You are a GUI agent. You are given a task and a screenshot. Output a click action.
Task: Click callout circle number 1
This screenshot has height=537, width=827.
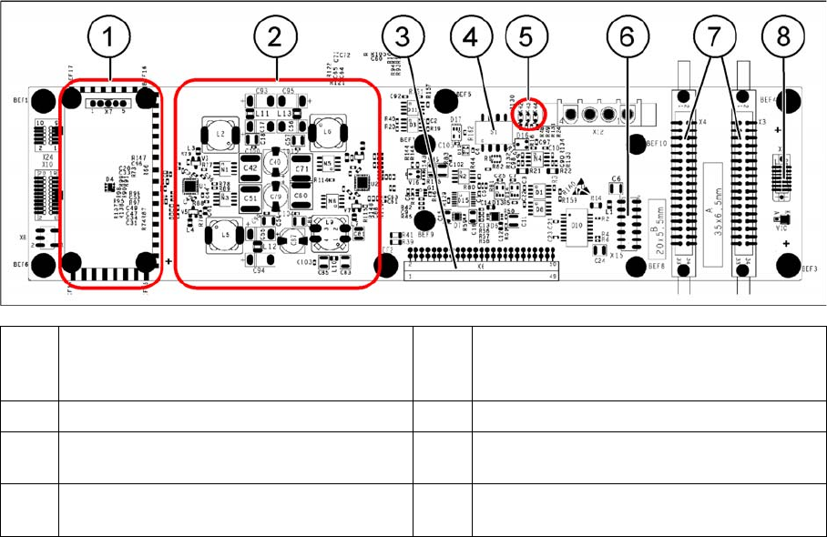click(x=109, y=42)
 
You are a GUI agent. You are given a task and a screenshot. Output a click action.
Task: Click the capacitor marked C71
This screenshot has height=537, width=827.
click(x=303, y=169)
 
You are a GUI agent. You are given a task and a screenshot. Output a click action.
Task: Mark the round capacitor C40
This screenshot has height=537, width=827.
click(x=273, y=165)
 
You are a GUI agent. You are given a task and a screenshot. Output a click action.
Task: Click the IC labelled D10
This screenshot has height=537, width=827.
click(x=577, y=222)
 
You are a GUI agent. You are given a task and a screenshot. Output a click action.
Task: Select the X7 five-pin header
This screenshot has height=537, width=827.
click(x=107, y=105)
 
